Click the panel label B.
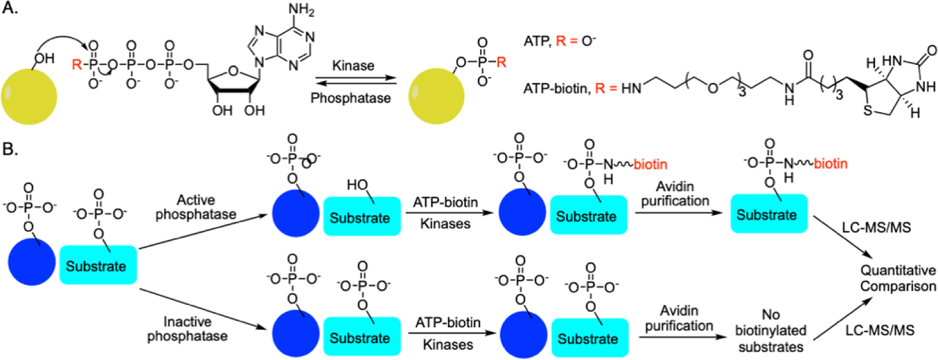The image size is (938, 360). [10, 149]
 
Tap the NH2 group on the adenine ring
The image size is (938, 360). [301, 10]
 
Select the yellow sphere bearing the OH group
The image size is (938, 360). [29, 96]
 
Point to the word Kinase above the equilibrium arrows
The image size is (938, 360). [353, 66]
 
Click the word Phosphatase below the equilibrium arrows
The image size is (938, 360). [351, 98]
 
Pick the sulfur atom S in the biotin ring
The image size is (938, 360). [867, 110]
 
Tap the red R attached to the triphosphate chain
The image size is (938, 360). [77, 65]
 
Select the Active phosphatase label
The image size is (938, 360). [195, 207]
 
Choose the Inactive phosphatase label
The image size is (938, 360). [187, 329]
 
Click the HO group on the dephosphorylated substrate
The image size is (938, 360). [357, 185]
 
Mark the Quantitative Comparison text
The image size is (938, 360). [898, 278]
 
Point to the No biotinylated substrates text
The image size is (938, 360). [771, 331]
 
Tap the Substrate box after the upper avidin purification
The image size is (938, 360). [769, 214]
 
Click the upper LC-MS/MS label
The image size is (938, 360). [877, 227]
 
